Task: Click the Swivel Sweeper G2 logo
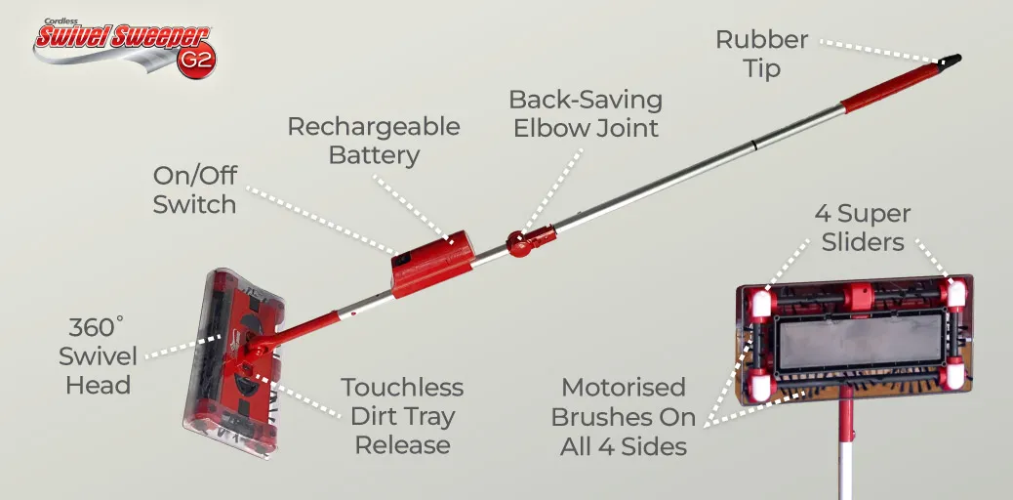[x=125, y=47]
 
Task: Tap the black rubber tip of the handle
[x=950, y=62]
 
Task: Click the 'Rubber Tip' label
[x=761, y=54]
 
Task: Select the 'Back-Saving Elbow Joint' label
[x=586, y=113]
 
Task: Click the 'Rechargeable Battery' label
[x=374, y=141]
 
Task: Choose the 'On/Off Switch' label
[x=194, y=189]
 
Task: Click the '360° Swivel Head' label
[x=99, y=355]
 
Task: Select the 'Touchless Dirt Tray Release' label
[x=402, y=416]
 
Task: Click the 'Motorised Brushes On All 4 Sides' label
[x=624, y=417]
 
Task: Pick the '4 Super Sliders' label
[x=862, y=228]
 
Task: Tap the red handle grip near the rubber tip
[x=891, y=88]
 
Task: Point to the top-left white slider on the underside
[x=761, y=303]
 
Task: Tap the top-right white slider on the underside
[x=954, y=294]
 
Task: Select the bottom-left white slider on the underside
[x=762, y=387]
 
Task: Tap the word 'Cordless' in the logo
[x=61, y=21]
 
